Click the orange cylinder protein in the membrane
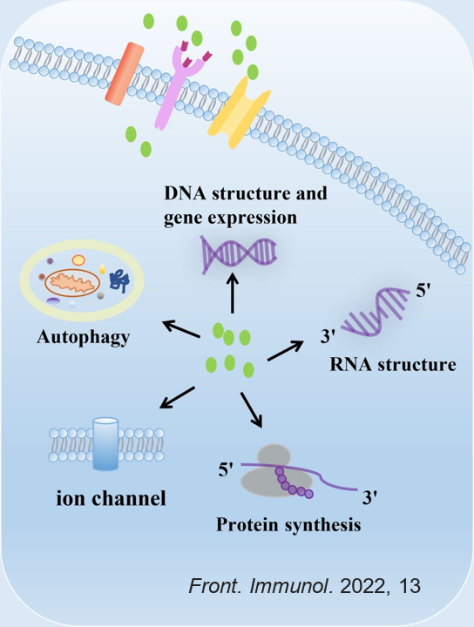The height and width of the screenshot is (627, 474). coord(125,74)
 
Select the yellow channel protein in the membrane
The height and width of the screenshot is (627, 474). coord(239,112)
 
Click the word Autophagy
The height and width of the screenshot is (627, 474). coord(83,338)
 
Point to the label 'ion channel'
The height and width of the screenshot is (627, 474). coord(111,498)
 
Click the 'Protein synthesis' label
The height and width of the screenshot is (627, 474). coord(288,524)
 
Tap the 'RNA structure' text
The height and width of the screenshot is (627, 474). coord(393,364)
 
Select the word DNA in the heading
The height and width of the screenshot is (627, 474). coord(186,193)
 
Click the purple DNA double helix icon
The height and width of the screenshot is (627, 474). coord(239,254)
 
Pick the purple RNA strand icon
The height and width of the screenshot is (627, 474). coord(374,312)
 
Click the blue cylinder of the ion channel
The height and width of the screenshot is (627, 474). coord(105,444)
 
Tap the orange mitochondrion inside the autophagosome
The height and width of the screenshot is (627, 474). coord(72,283)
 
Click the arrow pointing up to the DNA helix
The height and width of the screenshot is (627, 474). coord(233,293)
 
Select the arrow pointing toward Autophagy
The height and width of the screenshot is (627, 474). coord(181,329)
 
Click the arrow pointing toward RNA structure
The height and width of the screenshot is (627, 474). coord(285,351)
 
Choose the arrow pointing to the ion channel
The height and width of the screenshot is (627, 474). coord(177,397)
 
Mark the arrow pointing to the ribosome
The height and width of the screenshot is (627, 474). coord(251,410)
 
